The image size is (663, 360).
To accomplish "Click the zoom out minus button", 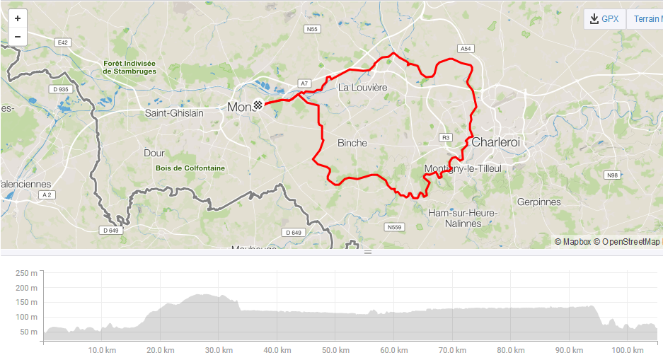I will coord(17,37).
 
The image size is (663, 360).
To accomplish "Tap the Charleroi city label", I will coord(495,142).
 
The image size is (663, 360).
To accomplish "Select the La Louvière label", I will coord(362,88).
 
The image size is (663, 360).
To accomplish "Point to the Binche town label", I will coord(352,143).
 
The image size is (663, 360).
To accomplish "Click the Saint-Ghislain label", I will coord(174,113).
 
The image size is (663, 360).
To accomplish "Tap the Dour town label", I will coord(154,153).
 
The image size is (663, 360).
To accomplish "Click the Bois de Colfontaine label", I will coord(190,168).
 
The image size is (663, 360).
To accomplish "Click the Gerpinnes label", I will coord(538,202).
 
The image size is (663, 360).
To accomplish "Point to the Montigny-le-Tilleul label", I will coord(463,168).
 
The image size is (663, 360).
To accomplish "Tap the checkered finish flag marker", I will coord(260,106).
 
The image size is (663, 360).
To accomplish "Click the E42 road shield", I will coord(63,42).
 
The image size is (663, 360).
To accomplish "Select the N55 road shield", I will coord(312,29).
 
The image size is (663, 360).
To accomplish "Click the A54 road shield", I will coord(465,48).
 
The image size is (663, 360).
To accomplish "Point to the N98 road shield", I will coord(611,175).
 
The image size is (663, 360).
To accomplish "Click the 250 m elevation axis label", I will coord(26,273).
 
